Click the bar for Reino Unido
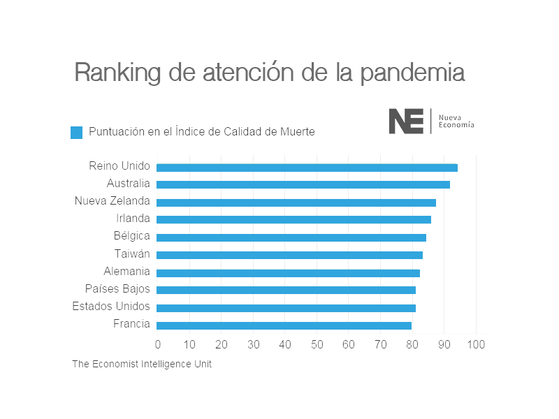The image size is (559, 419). coord(307,168)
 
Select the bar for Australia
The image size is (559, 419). coord(303,184)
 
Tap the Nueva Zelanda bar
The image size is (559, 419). coord(296,203)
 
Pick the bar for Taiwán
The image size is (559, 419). coord(289,255)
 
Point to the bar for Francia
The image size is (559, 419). coord(284,325)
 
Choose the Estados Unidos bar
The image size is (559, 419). coord(286,307)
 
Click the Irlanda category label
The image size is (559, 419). coord(133,219)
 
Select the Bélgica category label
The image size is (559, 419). coord(131,236)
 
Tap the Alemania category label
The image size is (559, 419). coord(126,271)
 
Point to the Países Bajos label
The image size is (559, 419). coord(117,288)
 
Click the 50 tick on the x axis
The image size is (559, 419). coord(317,344)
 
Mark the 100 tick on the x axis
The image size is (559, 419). coord(476,344)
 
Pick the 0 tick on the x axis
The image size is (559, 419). coord(158,344)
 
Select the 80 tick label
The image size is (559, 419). coord(412,344)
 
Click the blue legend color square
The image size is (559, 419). coord(77,132)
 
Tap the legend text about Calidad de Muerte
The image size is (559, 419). coord(201,131)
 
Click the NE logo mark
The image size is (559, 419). coord(406,121)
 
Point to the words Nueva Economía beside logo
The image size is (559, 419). coord(456,121)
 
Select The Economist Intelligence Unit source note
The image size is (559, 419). coord(142,364)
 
